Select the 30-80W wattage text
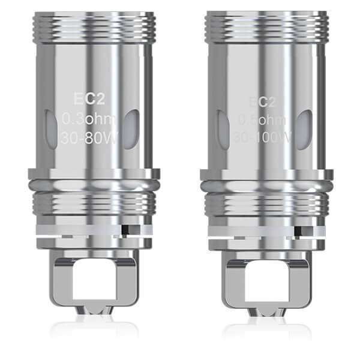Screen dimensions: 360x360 click(93, 142)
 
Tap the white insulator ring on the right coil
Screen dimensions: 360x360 click(252, 228)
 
